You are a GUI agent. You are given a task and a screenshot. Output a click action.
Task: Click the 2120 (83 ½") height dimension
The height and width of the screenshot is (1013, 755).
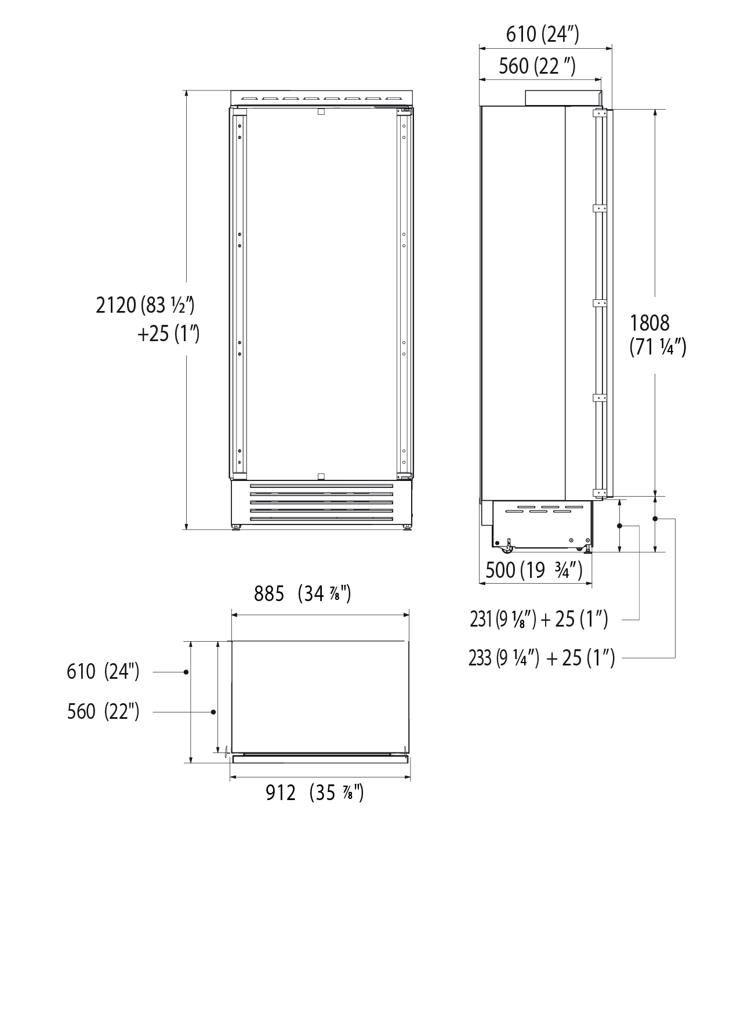[x=144, y=305]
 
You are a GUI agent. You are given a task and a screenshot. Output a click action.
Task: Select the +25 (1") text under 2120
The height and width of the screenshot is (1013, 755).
[x=168, y=334]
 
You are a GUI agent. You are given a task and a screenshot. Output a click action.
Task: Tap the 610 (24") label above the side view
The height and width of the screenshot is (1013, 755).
[x=542, y=35]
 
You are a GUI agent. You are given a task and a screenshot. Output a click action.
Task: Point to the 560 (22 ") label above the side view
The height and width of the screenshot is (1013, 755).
[x=537, y=66]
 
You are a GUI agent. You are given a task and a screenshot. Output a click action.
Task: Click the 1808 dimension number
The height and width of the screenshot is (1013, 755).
[x=649, y=323]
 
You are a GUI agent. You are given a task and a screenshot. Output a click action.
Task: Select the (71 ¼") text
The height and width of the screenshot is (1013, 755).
[x=658, y=348]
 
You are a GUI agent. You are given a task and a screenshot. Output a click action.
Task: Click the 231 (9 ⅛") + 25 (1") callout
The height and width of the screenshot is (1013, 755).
[x=539, y=620]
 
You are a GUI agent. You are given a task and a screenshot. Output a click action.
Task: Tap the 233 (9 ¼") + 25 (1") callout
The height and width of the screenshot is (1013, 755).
[x=541, y=658]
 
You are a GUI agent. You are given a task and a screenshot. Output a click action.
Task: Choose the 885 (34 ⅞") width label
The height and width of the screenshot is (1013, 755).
[x=302, y=594]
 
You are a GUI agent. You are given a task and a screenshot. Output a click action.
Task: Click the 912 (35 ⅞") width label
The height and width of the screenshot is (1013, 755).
[x=314, y=792]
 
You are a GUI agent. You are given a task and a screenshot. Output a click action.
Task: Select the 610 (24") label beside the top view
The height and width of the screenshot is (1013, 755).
[x=103, y=671]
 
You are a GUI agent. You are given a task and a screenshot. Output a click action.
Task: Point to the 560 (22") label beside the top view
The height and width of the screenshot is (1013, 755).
[x=103, y=711]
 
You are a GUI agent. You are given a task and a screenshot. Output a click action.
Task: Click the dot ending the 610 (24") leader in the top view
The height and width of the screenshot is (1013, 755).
[x=186, y=672]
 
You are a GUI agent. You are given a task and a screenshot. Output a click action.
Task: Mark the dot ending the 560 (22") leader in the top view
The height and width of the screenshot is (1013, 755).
[x=213, y=712]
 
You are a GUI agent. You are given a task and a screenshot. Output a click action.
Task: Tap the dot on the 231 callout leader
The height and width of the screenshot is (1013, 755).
[x=620, y=526]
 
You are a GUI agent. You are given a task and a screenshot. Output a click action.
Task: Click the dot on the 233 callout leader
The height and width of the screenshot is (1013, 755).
[x=655, y=519]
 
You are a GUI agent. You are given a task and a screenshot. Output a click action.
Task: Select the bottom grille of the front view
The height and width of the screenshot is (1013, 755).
[x=321, y=502]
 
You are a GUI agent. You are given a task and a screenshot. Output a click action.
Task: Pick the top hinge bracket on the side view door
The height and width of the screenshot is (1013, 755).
[x=599, y=114]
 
